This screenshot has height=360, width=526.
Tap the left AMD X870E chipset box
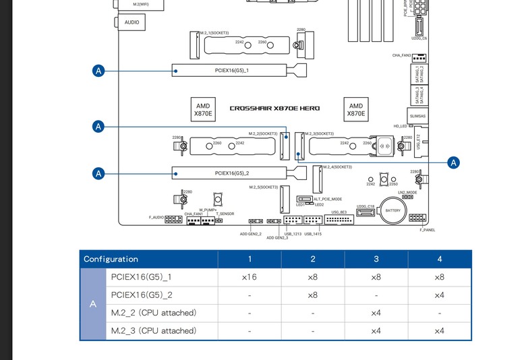[x=203, y=110]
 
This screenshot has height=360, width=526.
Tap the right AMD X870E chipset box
[x=356, y=110]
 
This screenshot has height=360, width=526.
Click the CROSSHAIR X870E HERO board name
[x=274, y=109]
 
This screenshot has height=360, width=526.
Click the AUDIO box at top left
[x=133, y=22]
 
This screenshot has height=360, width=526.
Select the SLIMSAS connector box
[x=417, y=116]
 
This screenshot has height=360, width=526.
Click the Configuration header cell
[x=111, y=259]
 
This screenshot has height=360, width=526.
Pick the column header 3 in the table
[x=376, y=259]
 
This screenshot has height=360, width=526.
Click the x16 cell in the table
[x=250, y=277]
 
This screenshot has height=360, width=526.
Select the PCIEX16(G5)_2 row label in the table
[x=142, y=295]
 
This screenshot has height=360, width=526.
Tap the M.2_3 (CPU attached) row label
[x=154, y=331]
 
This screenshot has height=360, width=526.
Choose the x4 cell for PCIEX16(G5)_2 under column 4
[x=439, y=295]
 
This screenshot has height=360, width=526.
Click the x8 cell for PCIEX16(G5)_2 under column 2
[x=313, y=295]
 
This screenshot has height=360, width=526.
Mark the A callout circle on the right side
[x=453, y=162]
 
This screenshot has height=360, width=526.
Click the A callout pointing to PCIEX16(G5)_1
[x=98, y=70]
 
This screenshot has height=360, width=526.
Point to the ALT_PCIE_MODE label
[x=328, y=199]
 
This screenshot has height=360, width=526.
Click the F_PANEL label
[x=427, y=230]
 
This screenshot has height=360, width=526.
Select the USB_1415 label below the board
[x=313, y=234]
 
